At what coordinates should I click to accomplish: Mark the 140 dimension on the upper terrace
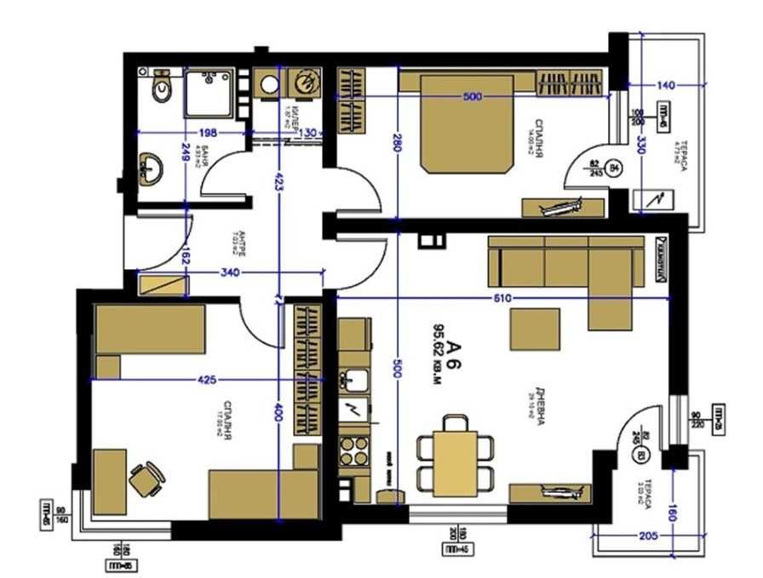click(x=666, y=85)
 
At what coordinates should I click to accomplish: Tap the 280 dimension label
click(x=396, y=146)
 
